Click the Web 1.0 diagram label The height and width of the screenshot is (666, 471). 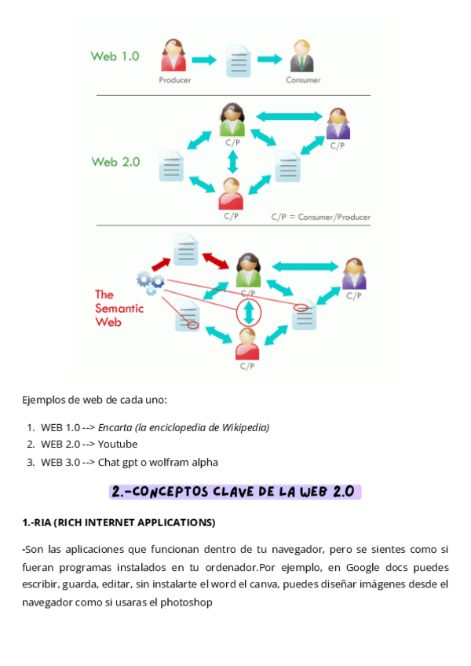pos(115,57)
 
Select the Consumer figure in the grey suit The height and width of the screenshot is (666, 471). pos(302,57)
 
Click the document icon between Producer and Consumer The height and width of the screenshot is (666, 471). pos(238,60)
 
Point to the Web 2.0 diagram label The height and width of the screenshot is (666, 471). pos(115,162)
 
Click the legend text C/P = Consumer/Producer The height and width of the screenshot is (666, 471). pos(320,217)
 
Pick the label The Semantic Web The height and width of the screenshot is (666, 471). pos(119,308)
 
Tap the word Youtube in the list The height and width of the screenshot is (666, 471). pos(118,445)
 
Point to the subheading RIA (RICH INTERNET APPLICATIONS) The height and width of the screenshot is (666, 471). pos(119,522)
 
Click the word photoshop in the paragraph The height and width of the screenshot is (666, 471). pos(188,602)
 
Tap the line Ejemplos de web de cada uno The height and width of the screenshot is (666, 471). pos(94,400)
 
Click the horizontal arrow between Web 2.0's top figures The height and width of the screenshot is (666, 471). pos(289,116)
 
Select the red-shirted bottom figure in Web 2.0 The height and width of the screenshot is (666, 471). pos(231,193)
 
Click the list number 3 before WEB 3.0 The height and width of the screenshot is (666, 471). pos(30,462)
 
